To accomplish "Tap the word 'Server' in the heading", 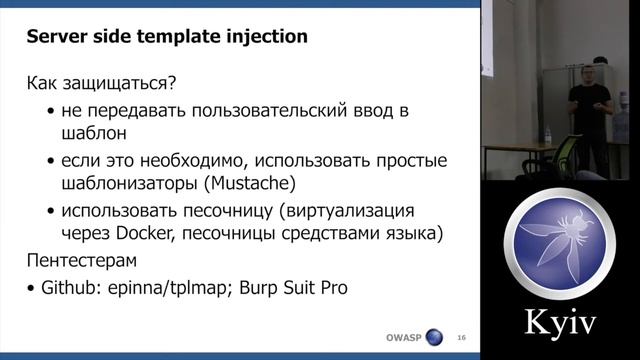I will (55, 38).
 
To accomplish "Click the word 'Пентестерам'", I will (84, 261).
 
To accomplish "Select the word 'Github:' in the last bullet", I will (71, 288).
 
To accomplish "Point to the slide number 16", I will (461, 337).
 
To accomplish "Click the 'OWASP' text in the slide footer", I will (404, 337).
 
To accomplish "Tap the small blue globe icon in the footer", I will (434, 337).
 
